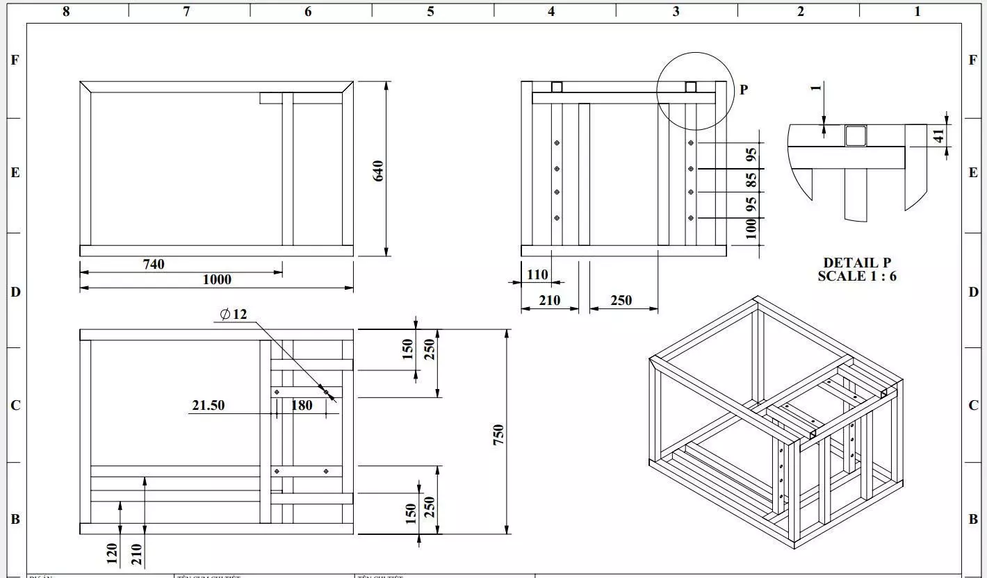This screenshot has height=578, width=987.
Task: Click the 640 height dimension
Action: click(379, 170)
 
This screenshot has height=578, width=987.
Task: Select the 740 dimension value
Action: click(154, 264)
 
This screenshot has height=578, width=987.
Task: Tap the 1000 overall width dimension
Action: click(217, 280)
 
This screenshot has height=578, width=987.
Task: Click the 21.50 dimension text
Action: click(208, 405)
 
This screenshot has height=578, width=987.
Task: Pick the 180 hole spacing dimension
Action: click(302, 405)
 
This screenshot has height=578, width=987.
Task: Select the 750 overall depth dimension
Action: click(498, 435)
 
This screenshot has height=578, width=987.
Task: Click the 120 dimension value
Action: click(112, 554)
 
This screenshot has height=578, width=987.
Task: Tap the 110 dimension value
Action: click(537, 274)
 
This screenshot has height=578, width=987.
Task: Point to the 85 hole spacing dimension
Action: click(751, 181)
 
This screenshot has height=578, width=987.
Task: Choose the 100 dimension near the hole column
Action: click(751, 229)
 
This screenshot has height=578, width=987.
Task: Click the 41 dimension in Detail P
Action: click(939, 136)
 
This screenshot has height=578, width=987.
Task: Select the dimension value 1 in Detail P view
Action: click(816, 87)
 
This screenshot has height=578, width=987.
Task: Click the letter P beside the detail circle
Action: click(744, 90)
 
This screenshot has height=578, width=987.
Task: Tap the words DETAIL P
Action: click(856, 263)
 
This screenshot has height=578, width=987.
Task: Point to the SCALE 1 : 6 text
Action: click(856, 276)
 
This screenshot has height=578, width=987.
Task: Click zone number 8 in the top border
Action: click(66, 11)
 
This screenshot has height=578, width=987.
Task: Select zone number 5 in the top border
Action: click(430, 11)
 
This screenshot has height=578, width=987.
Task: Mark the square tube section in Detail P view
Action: click(856, 136)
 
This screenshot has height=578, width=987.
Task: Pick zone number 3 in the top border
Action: click(676, 11)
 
